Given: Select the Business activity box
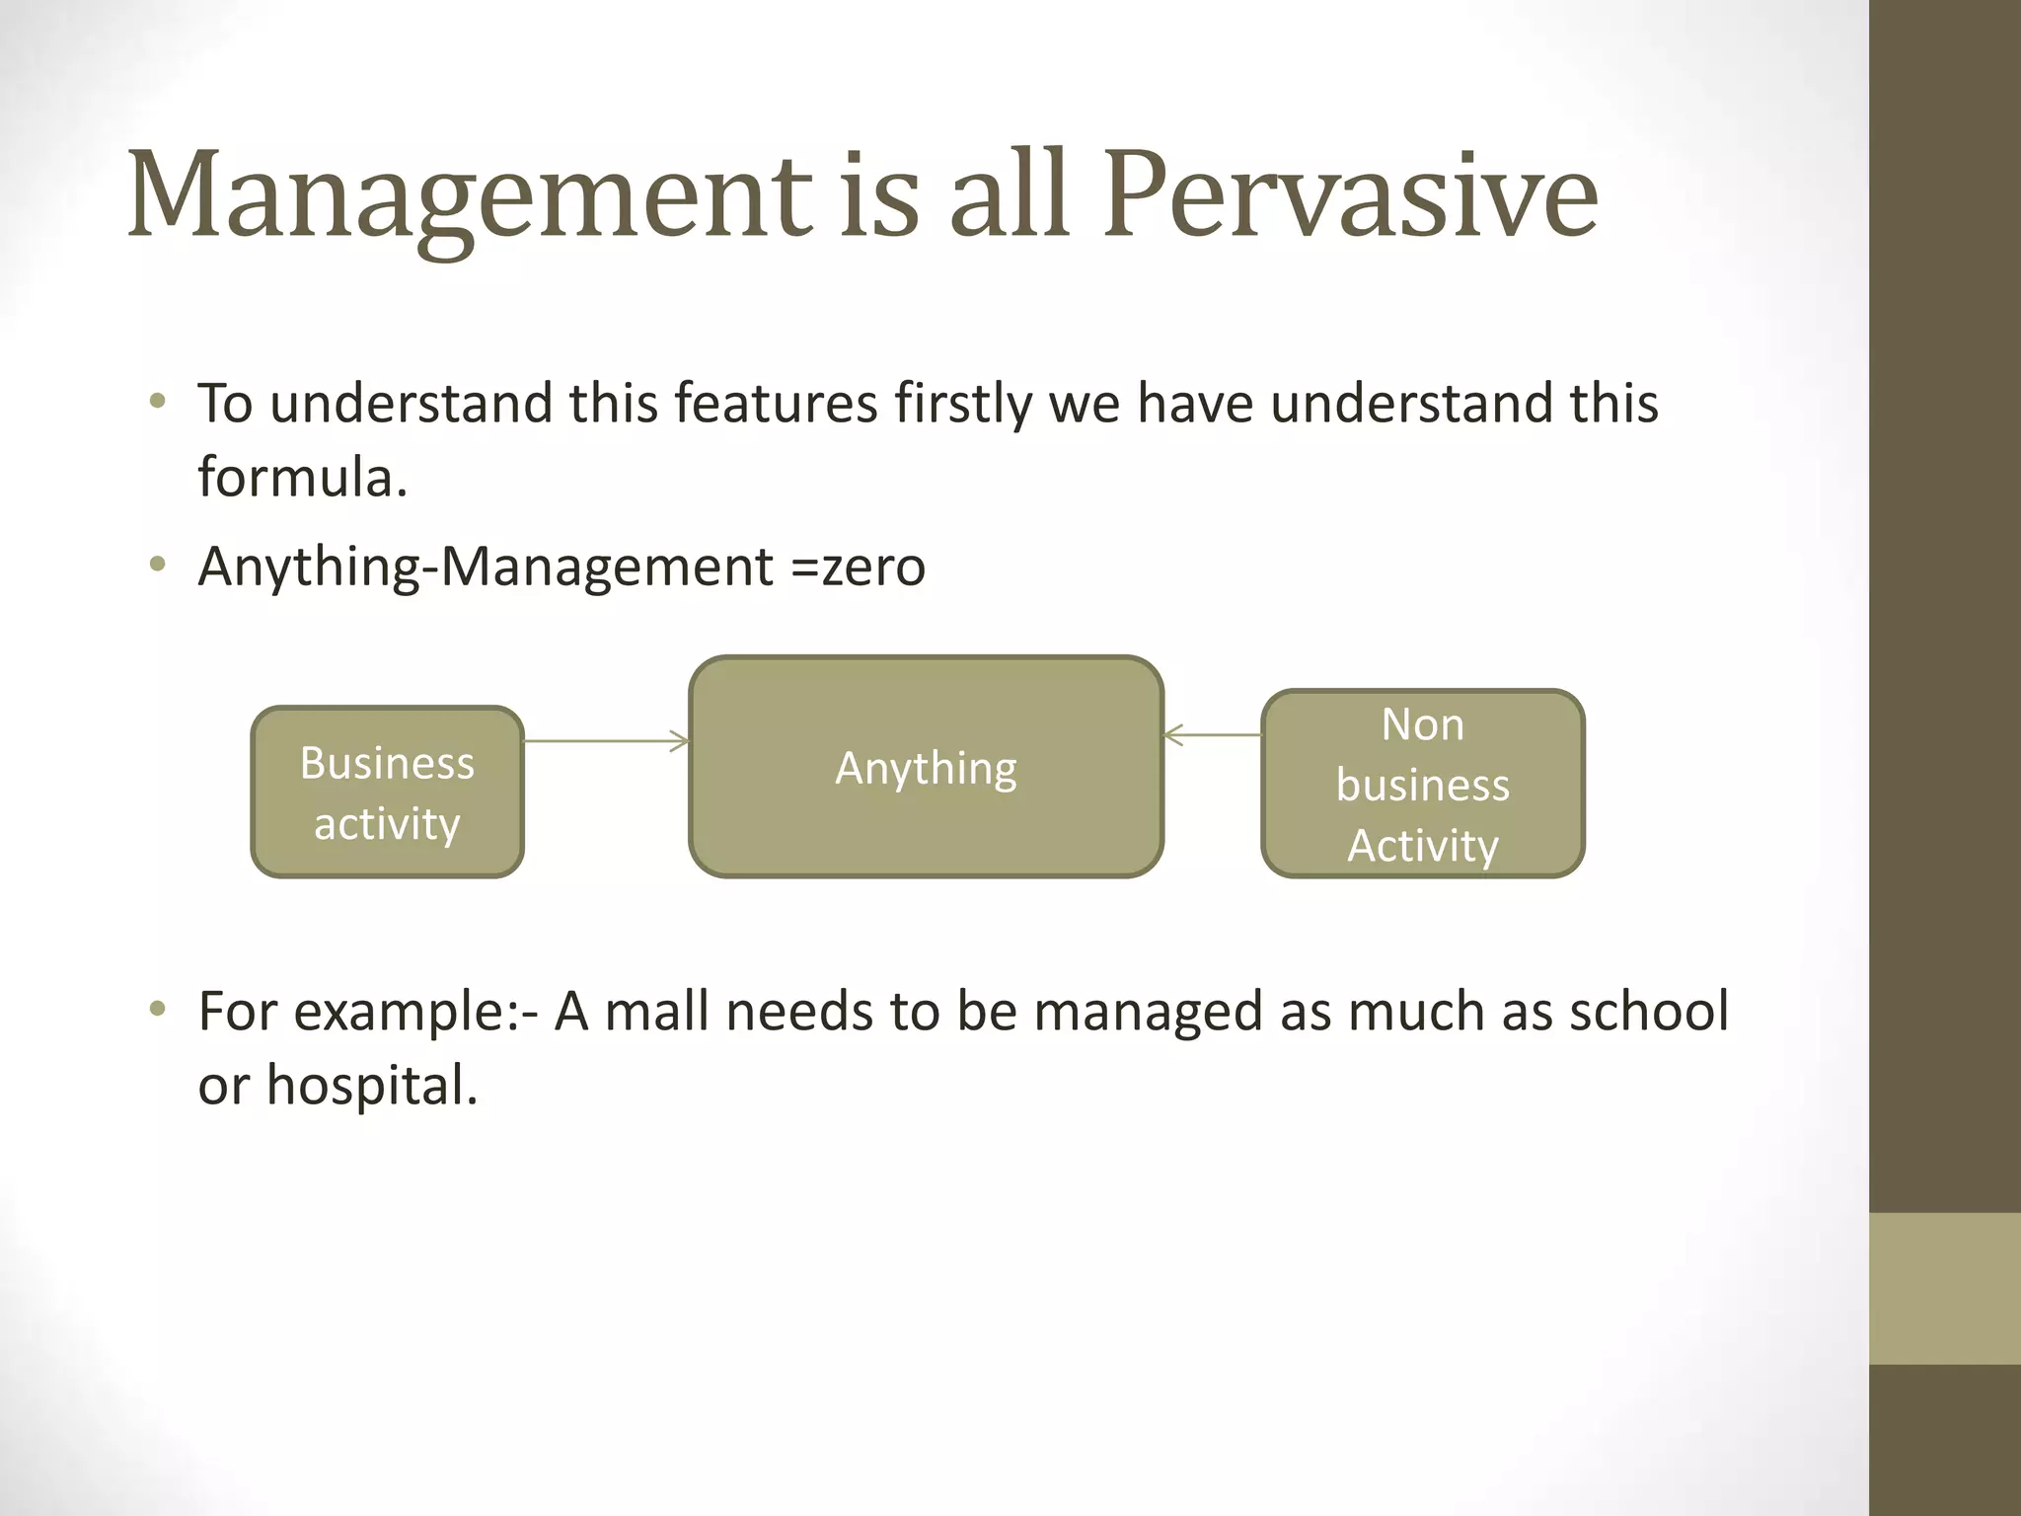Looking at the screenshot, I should tap(387, 792).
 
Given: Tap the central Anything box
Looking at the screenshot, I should tap(926, 767).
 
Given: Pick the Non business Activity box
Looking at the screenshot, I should tap(1422, 784).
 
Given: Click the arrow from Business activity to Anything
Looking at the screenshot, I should tap(605, 740).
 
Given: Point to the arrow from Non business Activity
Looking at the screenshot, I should tap(1213, 734).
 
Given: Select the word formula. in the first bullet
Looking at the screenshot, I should tap(302, 478).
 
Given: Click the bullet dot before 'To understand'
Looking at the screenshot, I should tap(157, 401).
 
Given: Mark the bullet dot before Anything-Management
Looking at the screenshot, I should tap(157, 566).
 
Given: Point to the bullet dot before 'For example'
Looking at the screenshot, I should tap(157, 1009).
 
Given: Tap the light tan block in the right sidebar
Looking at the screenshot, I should tap(1944, 1288).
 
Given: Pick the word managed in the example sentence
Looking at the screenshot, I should tap(1148, 1012).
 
